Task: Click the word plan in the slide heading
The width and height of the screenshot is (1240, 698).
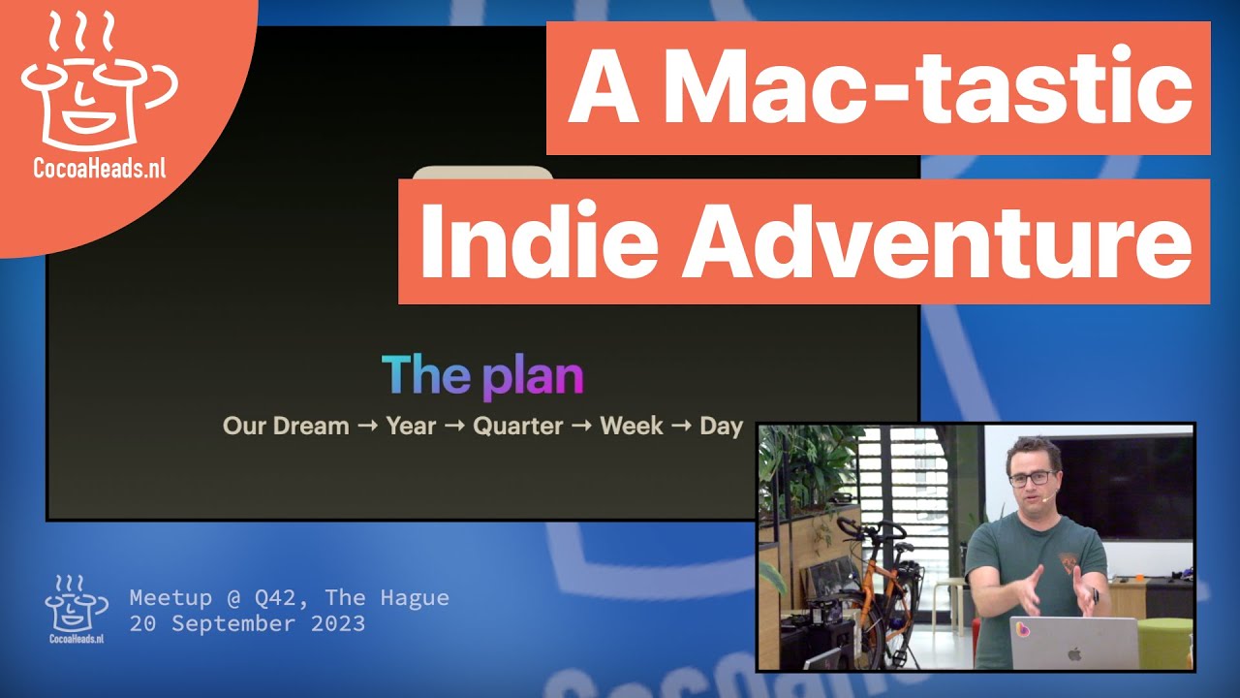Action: pos(533,376)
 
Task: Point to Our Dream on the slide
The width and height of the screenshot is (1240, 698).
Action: pos(286,426)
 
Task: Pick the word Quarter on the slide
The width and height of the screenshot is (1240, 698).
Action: pos(517,426)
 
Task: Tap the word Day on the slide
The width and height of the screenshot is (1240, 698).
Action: pos(721,426)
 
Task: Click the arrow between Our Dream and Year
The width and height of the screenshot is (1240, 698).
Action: pos(367,426)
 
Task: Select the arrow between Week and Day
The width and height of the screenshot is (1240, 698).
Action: pos(682,426)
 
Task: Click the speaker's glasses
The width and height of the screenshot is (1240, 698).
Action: pos(1032,478)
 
